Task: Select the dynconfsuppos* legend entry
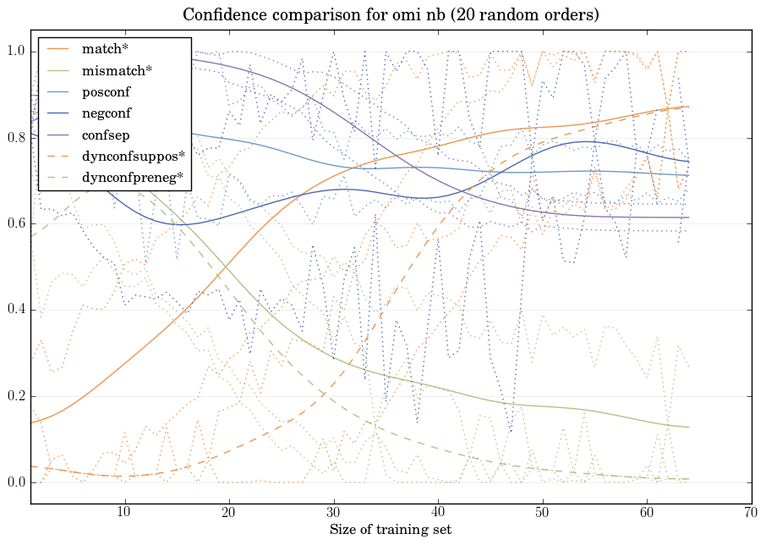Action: coord(133,156)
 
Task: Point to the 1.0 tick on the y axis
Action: coord(15,52)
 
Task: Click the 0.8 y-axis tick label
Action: coord(15,138)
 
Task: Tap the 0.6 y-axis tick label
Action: coord(15,224)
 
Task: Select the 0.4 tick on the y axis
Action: coord(15,311)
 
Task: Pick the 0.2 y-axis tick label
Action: coord(15,397)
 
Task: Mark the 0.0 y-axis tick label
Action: coord(15,483)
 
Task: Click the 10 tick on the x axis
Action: coord(124,513)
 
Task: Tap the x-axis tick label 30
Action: coord(333,513)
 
